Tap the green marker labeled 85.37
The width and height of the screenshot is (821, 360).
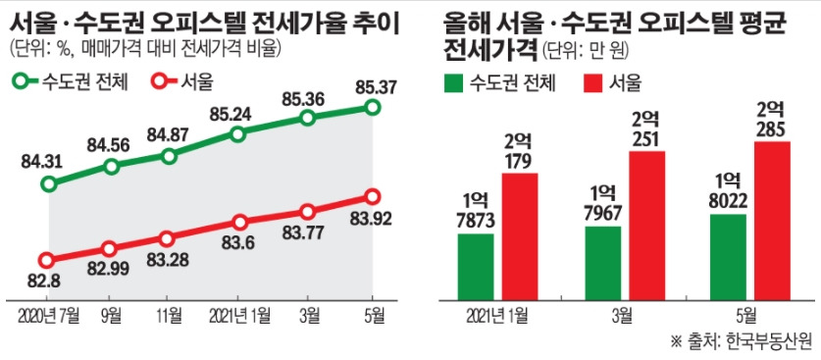pos(372,107)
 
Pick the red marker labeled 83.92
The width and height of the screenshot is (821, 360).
pos(372,197)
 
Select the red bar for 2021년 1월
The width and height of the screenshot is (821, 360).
pos(520,234)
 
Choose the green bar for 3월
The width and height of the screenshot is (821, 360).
pos(602,260)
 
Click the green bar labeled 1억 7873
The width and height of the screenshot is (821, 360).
pos(476,264)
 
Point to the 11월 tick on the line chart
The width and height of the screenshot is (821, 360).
pos(168,316)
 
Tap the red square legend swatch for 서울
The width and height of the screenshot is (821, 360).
pos(594,82)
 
